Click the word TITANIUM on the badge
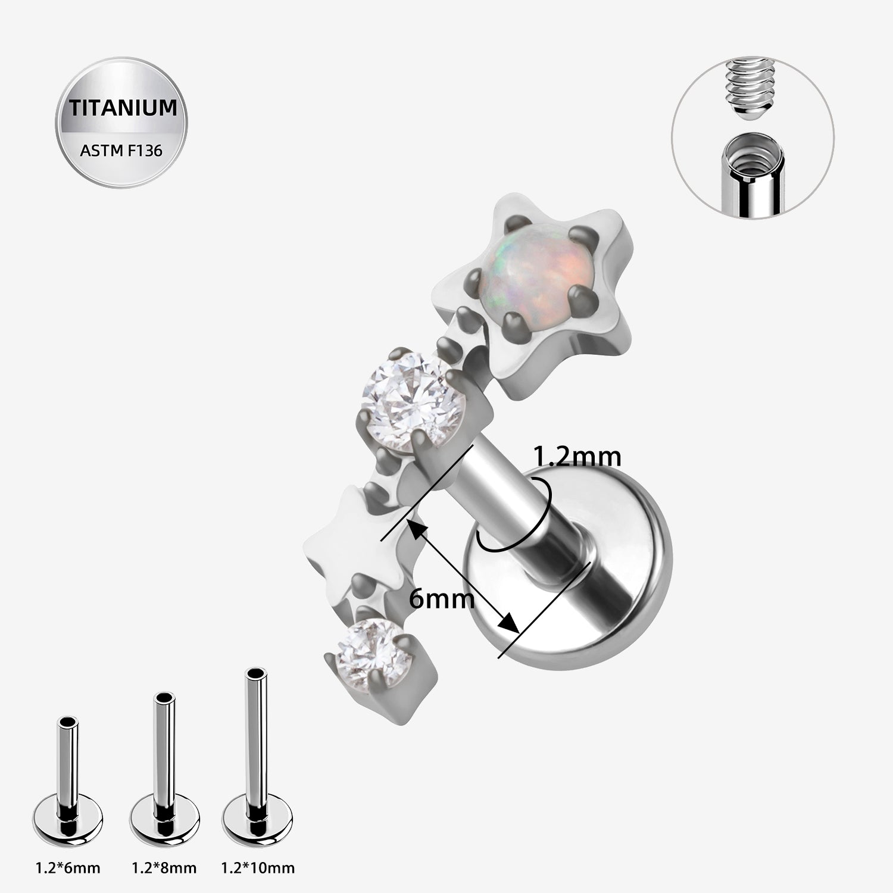click(123, 108)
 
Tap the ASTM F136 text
click(121, 151)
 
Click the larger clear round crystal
click(403, 396)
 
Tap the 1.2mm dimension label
click(576, 457)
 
